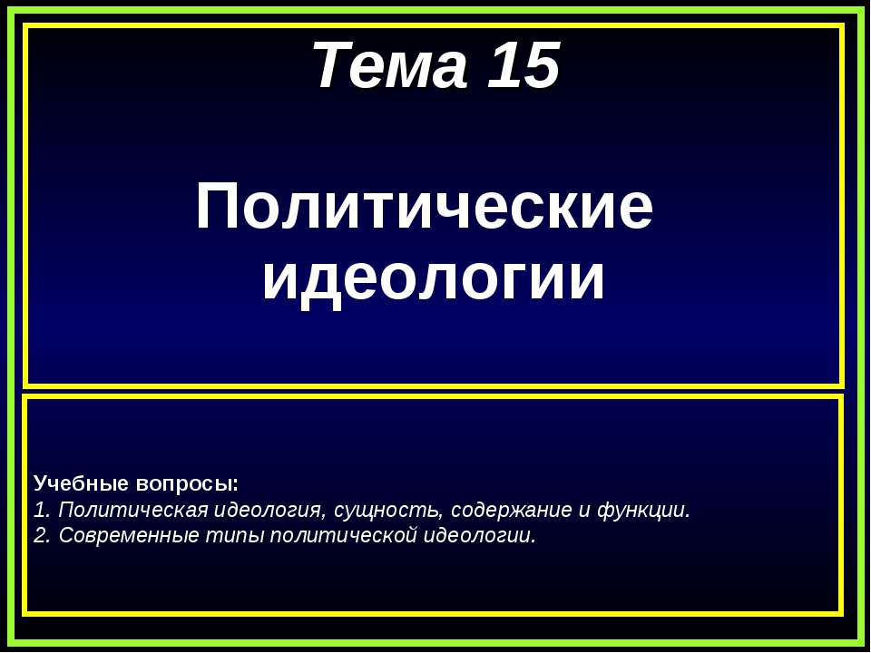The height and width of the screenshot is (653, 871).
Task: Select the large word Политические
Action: (424, 208)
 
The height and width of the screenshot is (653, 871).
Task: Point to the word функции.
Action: (643, 510)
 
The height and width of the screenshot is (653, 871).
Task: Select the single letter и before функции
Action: (584, 510)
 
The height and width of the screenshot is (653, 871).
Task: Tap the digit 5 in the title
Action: (541, 67)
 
